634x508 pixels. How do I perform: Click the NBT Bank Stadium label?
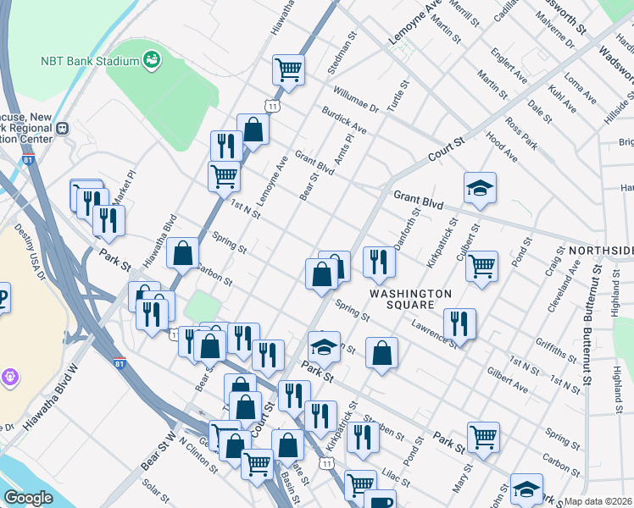pos(89,62)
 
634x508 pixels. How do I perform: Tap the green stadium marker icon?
pos(153,60)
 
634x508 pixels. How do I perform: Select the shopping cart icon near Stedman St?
pos(289,69)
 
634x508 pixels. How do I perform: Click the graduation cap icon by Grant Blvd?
pos(480,187)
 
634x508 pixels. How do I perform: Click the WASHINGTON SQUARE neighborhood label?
pos(411,299)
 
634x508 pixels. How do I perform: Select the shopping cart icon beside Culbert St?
pos(481,266)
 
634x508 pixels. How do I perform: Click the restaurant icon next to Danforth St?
pos(379,262)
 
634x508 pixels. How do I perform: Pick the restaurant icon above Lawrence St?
pos(459,323)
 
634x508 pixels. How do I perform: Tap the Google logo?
pos(28,497)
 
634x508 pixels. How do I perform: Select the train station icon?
pos(63,130)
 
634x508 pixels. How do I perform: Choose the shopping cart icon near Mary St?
pos(483,437)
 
